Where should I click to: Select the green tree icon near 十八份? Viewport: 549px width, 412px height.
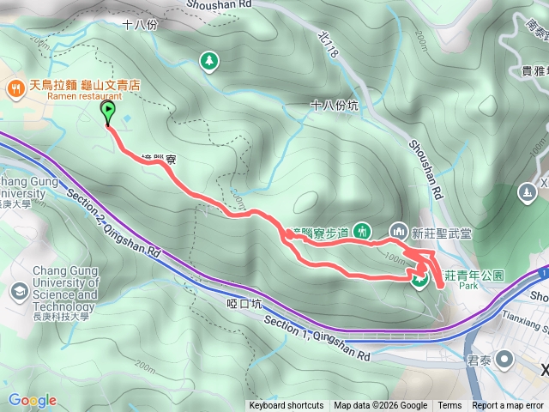coord(208,60)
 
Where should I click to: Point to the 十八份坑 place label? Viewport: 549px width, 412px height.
coord(333,106)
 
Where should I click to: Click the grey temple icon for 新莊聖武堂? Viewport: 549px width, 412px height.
coord(398,231)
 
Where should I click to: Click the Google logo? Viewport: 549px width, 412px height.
coord(33,400)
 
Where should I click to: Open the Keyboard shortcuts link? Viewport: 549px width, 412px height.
coord(286,406)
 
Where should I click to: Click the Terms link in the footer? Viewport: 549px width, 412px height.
coord(449,406)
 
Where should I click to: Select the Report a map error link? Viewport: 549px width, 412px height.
coord(509,406)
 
